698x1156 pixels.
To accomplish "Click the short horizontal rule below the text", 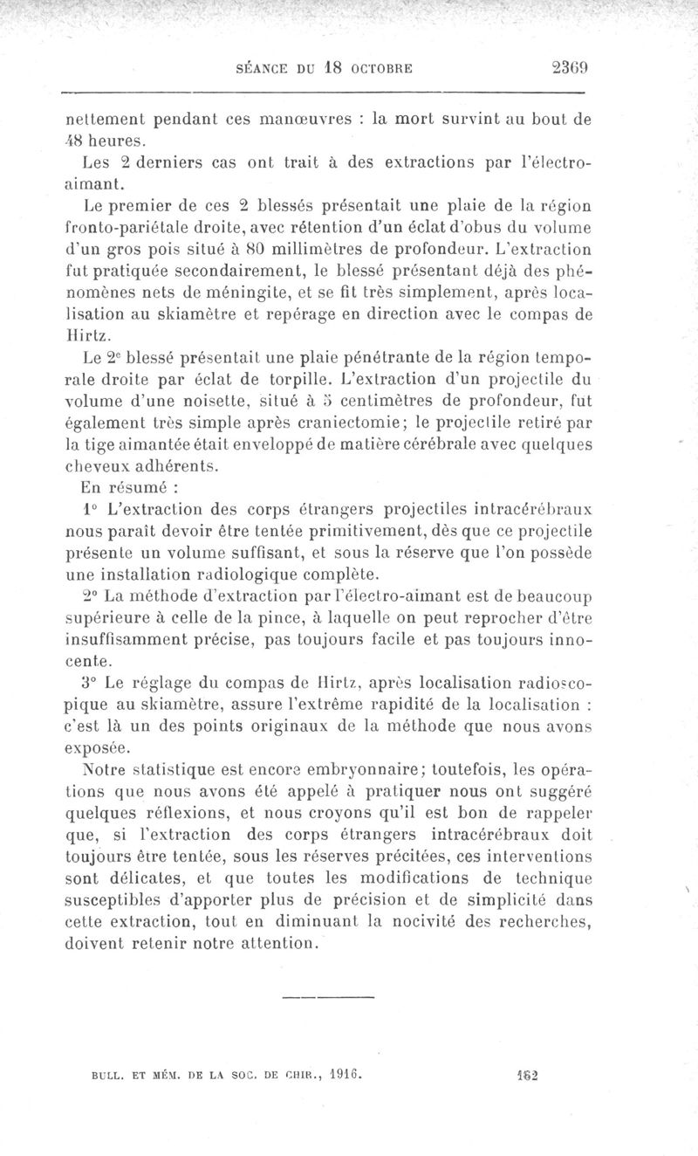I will (x=330, y=995).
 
